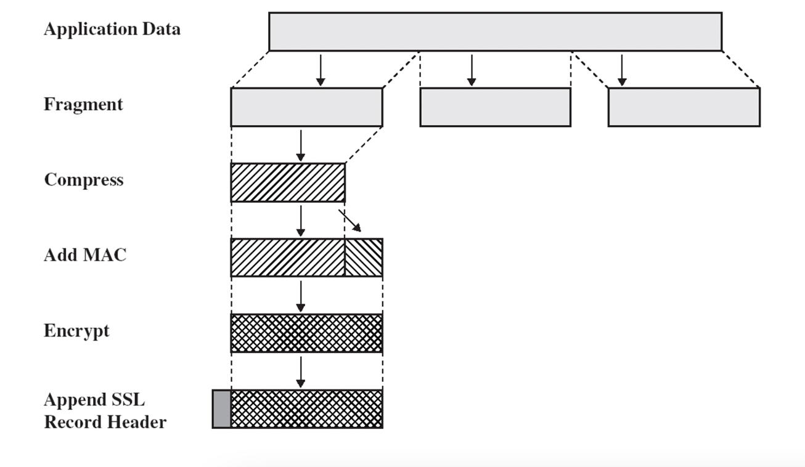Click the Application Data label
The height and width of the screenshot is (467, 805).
tap(112, 30)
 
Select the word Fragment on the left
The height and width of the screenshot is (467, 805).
tap(83, 105)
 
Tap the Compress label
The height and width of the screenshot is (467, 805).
tap(83, 180)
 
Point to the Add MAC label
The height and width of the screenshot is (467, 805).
tap(85, 255)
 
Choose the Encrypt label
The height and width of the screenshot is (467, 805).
tap(76, 331)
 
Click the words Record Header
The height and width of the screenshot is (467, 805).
tap(105, 423)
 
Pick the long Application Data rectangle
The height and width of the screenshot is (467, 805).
tap(495, 31)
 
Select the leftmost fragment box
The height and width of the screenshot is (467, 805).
tap(306, 107)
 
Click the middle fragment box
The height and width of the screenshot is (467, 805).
tap(495, 107)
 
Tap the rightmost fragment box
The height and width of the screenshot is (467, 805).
tap(684, 107)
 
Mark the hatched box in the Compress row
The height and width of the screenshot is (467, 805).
tap(287, 182)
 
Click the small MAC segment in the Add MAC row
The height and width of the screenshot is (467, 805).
tap(364, 258)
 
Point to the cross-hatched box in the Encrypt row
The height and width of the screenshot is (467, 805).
tap(306, 333)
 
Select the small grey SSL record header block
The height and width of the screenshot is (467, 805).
tap(221, 408)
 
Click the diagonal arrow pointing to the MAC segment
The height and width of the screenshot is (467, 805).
tap(350, 221)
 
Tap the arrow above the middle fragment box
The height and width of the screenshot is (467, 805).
tap(472, 70)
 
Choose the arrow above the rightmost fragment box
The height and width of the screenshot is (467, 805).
tap(622, 70)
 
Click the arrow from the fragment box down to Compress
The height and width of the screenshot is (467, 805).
tap(300, 145)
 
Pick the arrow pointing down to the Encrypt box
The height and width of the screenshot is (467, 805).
tap(300, 296)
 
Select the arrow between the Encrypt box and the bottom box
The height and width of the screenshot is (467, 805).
tap(300, 372)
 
